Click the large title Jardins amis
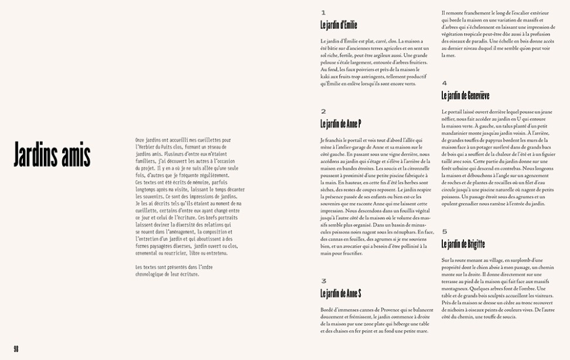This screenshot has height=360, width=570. point(52,155)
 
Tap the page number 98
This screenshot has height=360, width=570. point(16,348)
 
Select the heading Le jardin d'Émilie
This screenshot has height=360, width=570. point(339,25)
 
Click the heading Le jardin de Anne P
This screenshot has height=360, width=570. point(340,124)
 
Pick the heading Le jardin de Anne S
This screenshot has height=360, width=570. point(340,293)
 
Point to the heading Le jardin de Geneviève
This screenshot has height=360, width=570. point(465,95)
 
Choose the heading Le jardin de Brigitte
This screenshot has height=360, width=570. point(463,244)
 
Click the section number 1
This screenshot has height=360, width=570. point(323,12)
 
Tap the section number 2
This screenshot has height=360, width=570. point(323,111)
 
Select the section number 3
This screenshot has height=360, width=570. point(323,281)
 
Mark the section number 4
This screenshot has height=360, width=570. point(445,83)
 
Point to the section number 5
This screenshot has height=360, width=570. point(445,232)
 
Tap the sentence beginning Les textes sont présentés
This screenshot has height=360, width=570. point(167,268)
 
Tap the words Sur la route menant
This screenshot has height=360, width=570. point(463,260)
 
